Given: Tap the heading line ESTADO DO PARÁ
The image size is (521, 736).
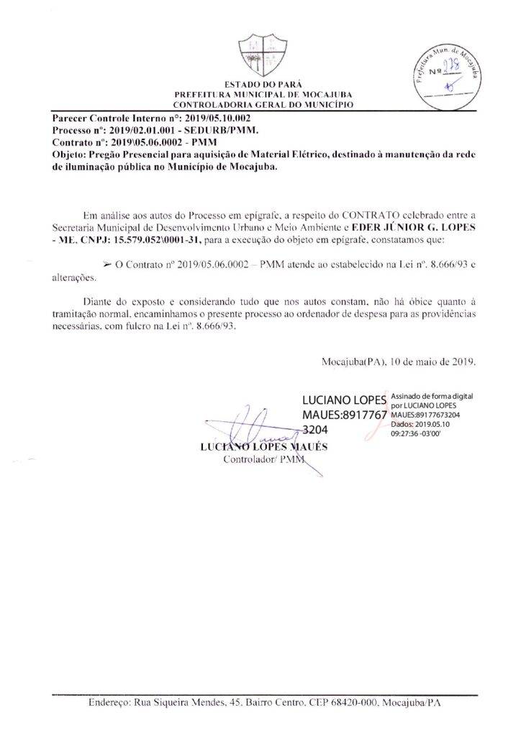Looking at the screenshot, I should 260,86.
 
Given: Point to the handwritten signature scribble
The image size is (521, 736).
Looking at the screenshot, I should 259,429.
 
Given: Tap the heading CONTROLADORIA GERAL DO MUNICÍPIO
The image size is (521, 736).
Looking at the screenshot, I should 260,105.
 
